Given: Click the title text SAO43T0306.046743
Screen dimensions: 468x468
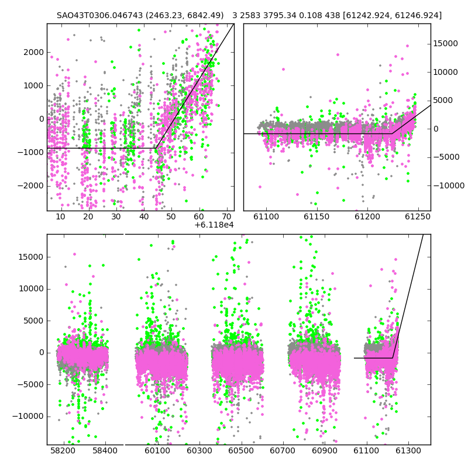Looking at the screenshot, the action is (x=99, y=15).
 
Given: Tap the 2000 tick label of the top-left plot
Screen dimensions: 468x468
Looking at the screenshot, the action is (x=33, y=53).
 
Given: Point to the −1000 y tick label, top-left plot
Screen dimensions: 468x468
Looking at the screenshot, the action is (x=30, y=153).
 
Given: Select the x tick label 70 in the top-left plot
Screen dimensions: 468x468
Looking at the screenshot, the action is (x=227, y=216).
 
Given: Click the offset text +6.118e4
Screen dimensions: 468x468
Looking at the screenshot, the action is (x=214, y=225).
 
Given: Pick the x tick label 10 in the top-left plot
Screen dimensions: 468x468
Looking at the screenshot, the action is (x=61, y=216).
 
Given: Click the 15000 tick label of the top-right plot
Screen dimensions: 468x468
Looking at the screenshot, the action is (x=445, y=43).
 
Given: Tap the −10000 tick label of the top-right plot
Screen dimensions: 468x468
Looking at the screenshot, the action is (x=449, y=185).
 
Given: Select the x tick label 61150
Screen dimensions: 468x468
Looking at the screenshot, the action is (x=316, y=216).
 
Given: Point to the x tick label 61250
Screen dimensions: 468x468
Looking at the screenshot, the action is (x=418, y=216).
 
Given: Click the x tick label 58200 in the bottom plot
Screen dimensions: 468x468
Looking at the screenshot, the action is (x=63, y=450).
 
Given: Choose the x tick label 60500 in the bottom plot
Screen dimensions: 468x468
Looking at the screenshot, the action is (x=241, y=450).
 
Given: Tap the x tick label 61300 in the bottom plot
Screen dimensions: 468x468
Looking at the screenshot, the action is (x=408, y=450).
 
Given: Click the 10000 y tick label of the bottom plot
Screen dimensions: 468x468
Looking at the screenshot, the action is (x=32, y=289).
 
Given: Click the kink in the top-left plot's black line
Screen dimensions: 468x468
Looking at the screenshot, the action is (x=156, y=148).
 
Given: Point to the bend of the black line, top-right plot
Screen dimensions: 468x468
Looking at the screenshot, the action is (x=392, y=133).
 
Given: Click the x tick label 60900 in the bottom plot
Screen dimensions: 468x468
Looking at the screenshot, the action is (x=325, y=450).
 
